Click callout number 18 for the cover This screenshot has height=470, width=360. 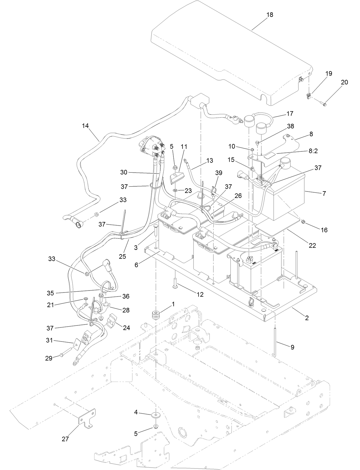(x=270, y=15)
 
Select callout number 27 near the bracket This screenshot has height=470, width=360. (x=65, y=439)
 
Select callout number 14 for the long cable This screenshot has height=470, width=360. (x=85, y=126)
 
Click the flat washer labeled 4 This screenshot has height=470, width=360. (x=156, y=414)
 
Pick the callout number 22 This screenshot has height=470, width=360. (x=312, y=245)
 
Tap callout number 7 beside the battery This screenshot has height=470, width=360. (x=324, y=193)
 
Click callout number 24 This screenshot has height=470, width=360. (x=126, y=327)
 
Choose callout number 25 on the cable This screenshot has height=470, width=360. (x=122, y=256)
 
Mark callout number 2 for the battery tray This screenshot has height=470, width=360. (x=307, y=318)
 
